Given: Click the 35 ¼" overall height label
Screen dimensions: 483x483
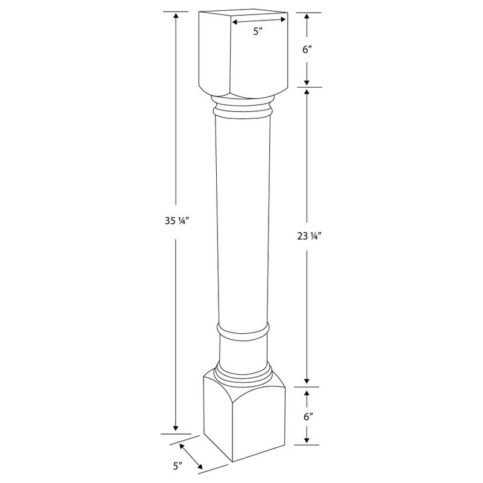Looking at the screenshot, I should click(175, 221).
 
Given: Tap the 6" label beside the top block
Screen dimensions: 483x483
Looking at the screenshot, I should click(307, 50).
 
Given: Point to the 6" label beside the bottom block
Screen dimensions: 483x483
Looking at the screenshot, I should click(307, 417).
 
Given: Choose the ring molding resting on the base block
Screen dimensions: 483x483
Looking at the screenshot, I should click(243, 371).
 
